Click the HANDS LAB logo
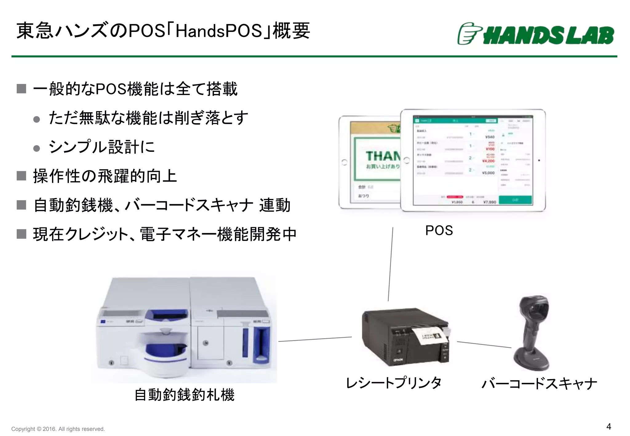coord(535,34)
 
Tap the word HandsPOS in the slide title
coord(219,31)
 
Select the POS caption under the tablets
coord(439,231)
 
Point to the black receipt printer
coord(403,338)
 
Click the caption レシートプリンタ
coord(394,383)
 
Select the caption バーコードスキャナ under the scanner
coord(539,384)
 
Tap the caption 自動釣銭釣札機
coord(185,395)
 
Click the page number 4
coord(608,426)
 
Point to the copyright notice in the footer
coord(58,429)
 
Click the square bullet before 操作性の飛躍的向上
coord(21,176)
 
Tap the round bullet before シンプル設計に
coord(37,149)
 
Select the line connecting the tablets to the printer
coord(390,264)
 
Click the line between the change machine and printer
coord(315,339)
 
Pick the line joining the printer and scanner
coord(484,345)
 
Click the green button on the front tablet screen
coord(515,200)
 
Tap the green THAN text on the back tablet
coord(383,156)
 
